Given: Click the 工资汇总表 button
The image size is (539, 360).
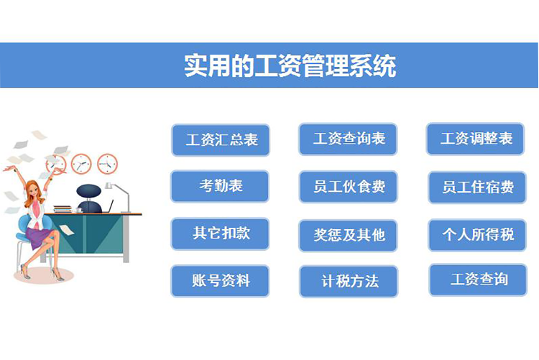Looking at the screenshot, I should [221, 140].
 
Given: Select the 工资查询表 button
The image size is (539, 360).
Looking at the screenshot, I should [348, 139].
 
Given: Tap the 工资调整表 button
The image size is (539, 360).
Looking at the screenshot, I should [475, 139].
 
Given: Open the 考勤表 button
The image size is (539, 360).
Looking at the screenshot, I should [220, 186].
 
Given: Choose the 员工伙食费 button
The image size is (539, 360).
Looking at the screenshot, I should [349, 187].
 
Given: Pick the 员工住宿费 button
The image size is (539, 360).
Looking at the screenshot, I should [477, 188].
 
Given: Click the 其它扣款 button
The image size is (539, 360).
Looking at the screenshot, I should [220, 234].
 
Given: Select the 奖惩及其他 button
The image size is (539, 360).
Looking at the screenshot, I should [349, 235].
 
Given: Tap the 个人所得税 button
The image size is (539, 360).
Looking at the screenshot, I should [477, 235].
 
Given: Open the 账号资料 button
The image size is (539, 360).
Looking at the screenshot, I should [220, 281].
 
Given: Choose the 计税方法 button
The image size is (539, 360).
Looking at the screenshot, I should [349, 282].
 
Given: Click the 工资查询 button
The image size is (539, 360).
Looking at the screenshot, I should [478, 280].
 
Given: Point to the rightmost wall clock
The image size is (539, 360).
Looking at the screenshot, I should [107, 164].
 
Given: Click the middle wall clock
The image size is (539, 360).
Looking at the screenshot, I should [81, 164].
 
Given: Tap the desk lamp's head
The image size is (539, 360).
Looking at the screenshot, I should [109, 185].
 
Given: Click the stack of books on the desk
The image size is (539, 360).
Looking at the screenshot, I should [63, 209].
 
